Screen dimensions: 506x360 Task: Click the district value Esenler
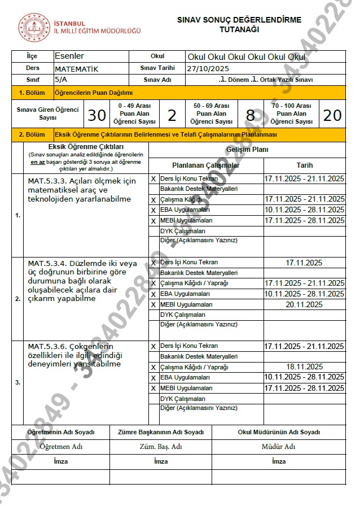click(x=70, y=56)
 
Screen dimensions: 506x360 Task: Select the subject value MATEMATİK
click(x=77, y=68)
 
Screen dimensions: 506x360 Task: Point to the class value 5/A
click(x=60, y=80)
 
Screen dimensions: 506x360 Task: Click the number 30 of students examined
click(x=97, y=115)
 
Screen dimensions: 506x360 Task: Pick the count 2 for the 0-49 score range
click(x=172, y=115)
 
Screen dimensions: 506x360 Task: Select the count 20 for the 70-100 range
click(x=332, y=115)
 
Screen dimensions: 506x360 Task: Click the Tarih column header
click(x=304, y=165)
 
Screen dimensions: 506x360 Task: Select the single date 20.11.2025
click(x=304, y=304)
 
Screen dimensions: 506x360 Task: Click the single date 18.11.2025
click(x=304, y=367)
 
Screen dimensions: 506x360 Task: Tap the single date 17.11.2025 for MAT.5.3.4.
click(x=304, y=262)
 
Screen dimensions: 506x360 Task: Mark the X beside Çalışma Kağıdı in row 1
click(x=153, y=200)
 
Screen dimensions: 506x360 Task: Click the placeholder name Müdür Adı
click(x=278, y=447)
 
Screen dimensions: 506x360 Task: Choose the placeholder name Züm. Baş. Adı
click(x=160, y=447)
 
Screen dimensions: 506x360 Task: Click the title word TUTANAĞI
click(x=239, y=30)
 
